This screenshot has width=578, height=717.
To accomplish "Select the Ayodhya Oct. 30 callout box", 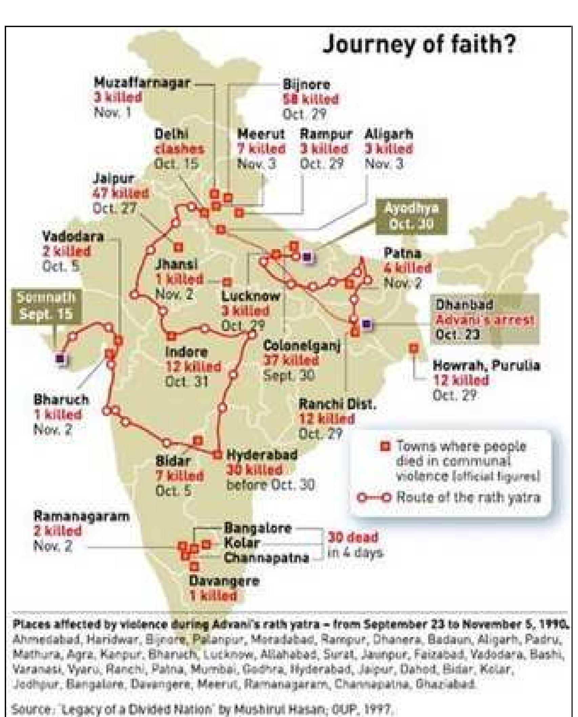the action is (x=411, y=216).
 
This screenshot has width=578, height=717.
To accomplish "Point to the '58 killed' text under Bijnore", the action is (x=310, y=100).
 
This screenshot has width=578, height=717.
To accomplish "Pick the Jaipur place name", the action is (x=113, y=179).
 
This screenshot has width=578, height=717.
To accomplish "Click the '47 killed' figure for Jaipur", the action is (x=120, y=193).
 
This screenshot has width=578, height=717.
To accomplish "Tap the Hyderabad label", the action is (x=262, y=455).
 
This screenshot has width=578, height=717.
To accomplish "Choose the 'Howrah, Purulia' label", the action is (x=487, y=366).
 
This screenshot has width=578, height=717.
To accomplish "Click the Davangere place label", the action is (x=224, y=581).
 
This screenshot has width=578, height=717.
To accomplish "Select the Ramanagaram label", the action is (x=81, y=516).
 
